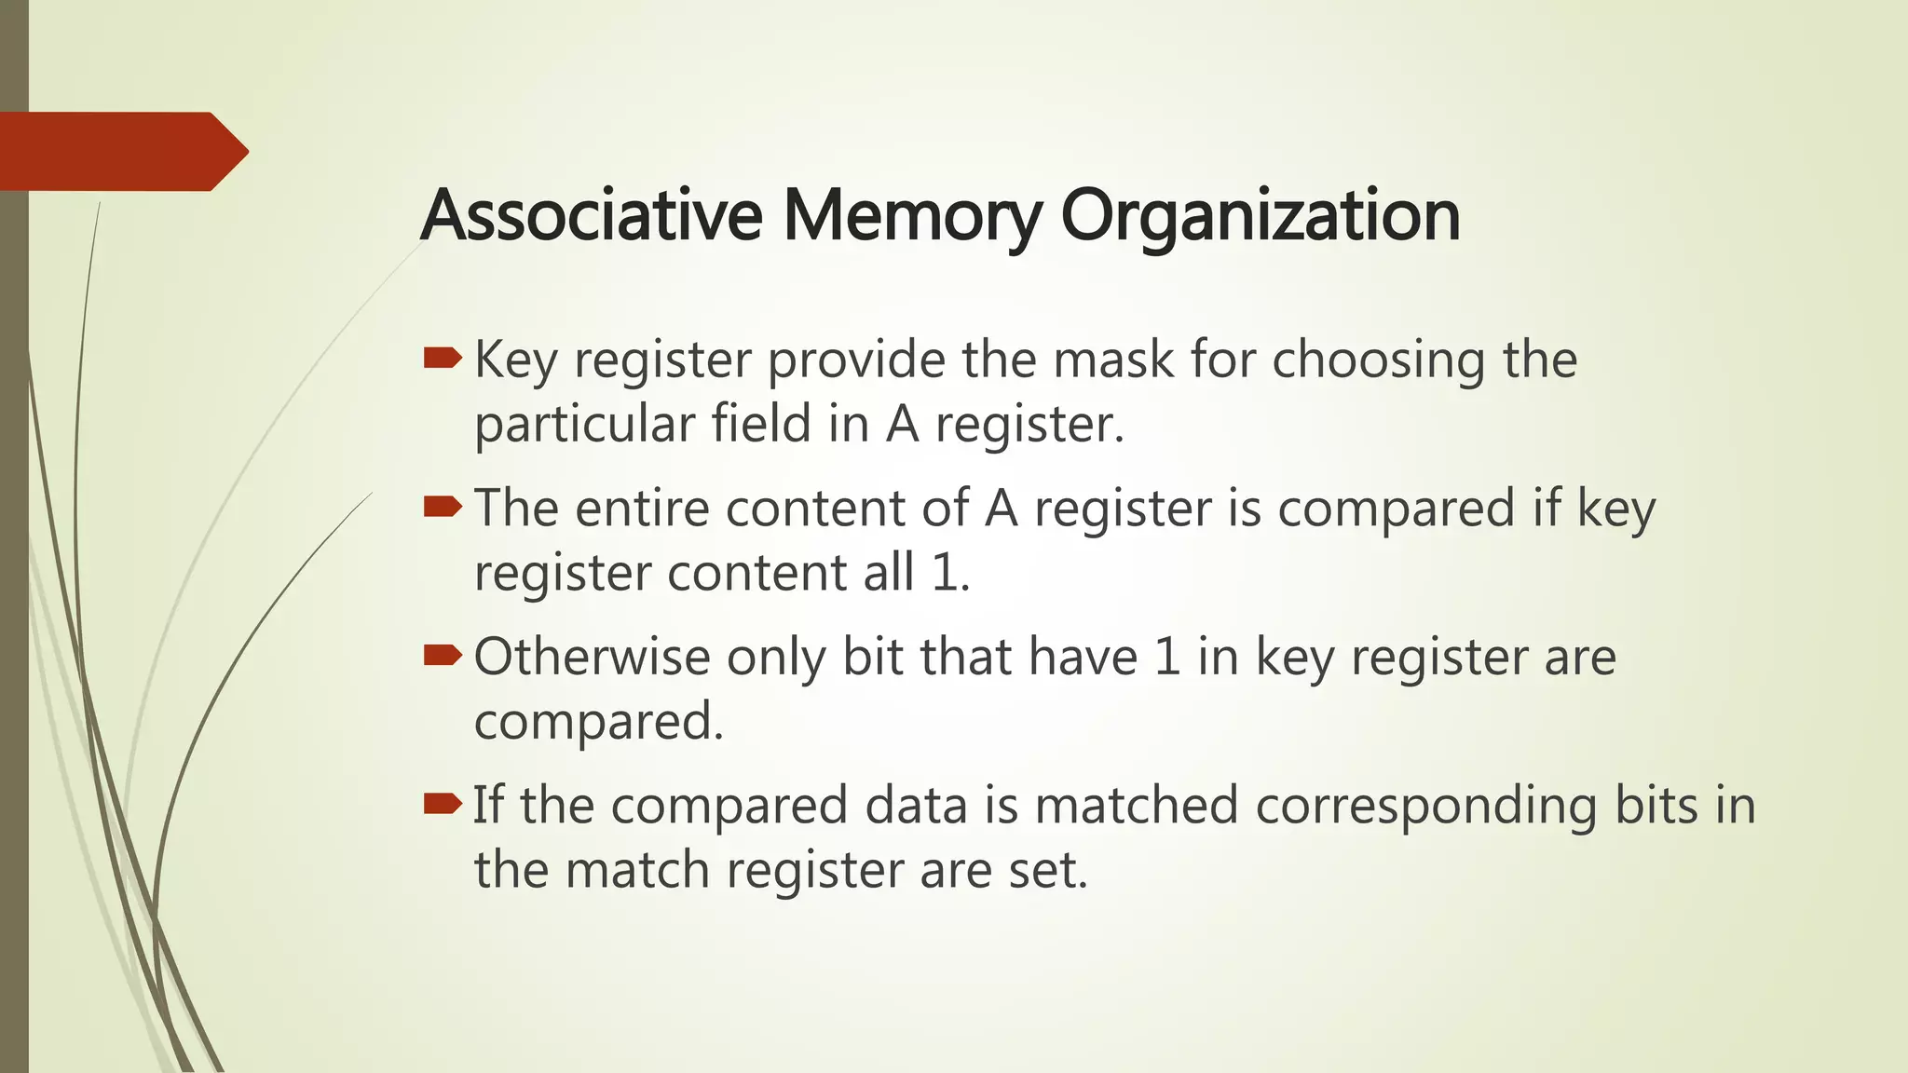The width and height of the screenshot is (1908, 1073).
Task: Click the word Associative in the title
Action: pos(592,215)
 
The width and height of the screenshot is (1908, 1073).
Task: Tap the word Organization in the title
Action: pos(1260,217)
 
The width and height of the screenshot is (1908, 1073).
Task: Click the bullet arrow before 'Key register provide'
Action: pos(443,359)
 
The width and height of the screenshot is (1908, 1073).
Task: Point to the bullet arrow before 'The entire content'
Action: pos(443,507)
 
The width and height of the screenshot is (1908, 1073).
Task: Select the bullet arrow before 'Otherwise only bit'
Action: pos(443,656)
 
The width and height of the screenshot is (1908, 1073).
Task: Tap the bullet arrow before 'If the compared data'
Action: pos(443,804)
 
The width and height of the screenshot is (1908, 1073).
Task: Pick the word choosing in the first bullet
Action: pos(1379,361)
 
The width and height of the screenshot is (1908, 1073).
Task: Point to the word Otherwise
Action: pos(593,657)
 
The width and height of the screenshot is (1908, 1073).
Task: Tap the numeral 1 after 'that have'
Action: pos(1168,657)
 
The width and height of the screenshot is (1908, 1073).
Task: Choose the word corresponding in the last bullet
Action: pos(1426,807)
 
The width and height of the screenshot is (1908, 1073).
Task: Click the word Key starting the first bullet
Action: pos(515,361)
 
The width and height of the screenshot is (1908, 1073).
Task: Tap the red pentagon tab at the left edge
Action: pos(121,151)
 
